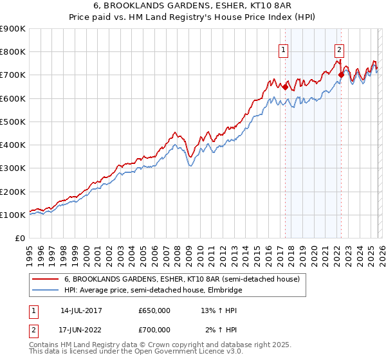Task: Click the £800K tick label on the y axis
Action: (13, 52)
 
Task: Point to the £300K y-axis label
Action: (13, 168)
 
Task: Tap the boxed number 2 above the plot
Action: (339, 48)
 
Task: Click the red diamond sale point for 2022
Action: (340, 75)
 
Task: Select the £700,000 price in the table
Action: (154, 330)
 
